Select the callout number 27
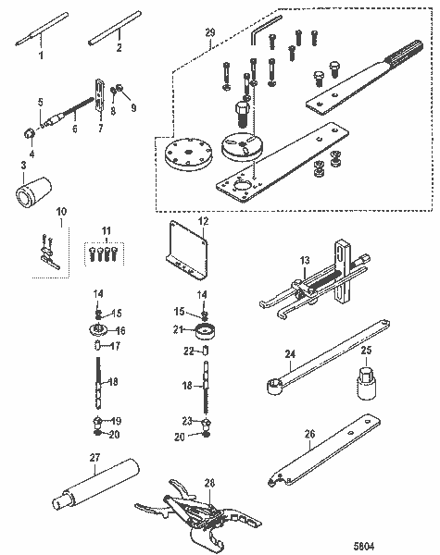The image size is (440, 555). point(94,456)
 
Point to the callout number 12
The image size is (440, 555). point(203,221)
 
